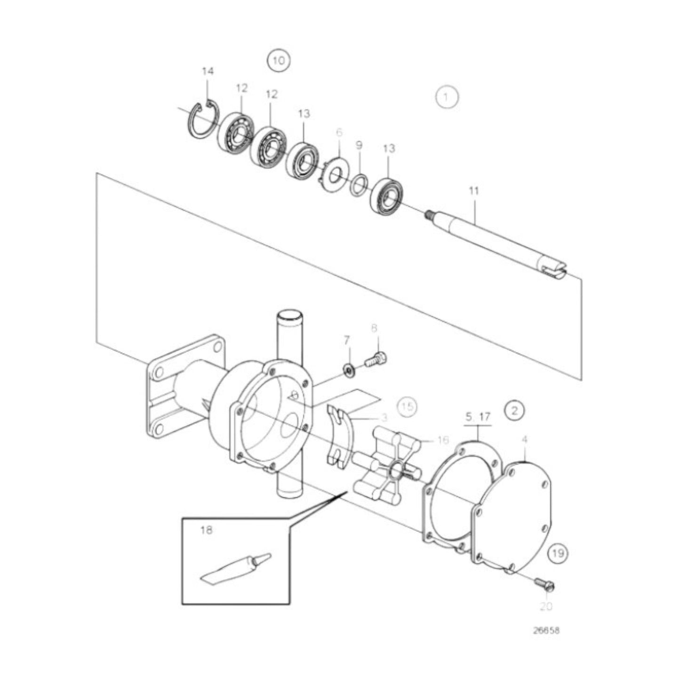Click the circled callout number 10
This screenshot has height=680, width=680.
tap(279, 61)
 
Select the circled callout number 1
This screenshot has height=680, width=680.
tap(447, 97)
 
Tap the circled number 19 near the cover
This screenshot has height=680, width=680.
tap(558, 553)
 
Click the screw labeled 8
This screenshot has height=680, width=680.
tap(376, 360)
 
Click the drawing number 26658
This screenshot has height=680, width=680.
tap(546, 631)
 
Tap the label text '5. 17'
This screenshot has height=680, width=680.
tap(478, 416)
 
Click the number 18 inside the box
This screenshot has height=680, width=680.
tap(206, 530)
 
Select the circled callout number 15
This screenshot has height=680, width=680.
tap(408, 406)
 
